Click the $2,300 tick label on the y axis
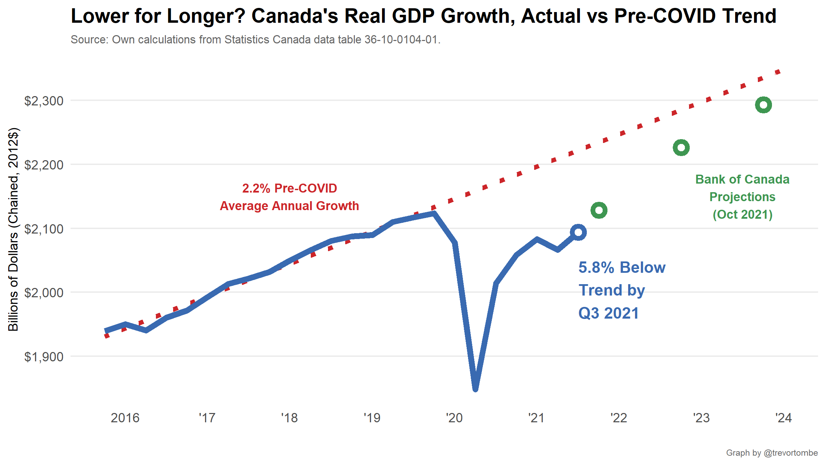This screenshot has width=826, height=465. point(44,101)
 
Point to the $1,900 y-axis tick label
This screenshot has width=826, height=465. point(44,357)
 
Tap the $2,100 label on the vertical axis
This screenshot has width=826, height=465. point(44,229)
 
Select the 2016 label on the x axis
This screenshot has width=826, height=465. point(125,418)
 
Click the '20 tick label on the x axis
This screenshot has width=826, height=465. point(454,418)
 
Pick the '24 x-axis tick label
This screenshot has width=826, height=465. point(784,418)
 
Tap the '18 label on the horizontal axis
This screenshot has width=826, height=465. point(289,418)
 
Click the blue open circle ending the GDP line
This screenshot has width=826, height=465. point(578,232)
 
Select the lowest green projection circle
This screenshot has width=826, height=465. point(599,210)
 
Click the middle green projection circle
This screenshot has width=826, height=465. point(681,148)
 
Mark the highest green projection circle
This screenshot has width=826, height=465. point(763,105)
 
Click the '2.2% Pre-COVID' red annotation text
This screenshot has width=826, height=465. point(289,188)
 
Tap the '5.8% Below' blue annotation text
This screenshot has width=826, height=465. point(622,268)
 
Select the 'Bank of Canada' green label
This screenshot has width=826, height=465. point(742,179)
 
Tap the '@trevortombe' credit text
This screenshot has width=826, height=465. point(791,453)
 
